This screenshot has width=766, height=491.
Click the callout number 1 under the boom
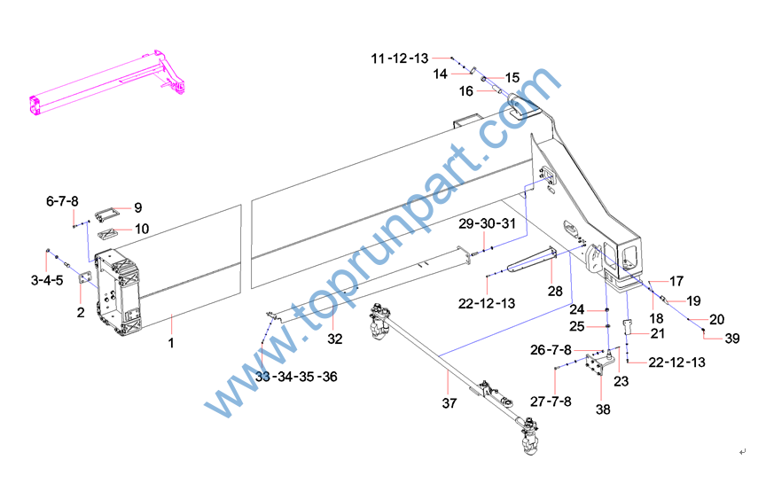click(171, 343)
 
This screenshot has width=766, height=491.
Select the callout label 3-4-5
click(47, 280)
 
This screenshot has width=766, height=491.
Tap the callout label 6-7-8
click(62, 201)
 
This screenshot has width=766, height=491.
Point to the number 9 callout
click(138, 207)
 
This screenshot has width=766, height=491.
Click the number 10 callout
click(142, 229)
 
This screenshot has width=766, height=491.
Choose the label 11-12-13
click(400, 58)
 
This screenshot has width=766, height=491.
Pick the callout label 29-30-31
click(487, 223)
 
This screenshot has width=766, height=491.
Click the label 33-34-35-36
click(296, 377)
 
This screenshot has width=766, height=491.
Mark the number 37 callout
click(449, 403)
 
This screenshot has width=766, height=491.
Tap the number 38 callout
click(604, 409)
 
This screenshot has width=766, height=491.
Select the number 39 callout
click(732, 338)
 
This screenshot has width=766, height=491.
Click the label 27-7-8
click(551, 401)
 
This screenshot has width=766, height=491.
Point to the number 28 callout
click(555, 292)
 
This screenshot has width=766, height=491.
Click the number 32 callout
click(334, 339)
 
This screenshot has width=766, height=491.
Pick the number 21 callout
click(658, 333)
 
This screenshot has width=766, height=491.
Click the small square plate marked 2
click(85, 277)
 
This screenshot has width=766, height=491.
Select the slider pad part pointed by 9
click(106, 214)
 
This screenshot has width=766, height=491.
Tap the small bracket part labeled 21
click(628, 327)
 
